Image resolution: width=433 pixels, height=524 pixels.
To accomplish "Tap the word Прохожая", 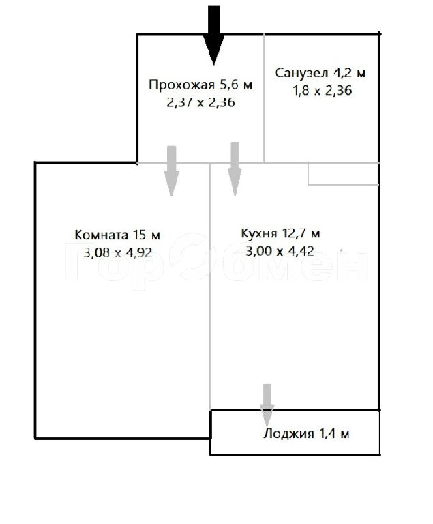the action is tap(181, 85).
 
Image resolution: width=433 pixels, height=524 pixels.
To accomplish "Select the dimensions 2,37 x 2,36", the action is tap(200, 102).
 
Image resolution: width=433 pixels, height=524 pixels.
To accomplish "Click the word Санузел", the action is tap(301, 73).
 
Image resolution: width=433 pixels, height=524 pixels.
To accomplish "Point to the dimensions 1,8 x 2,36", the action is tap(323, 91).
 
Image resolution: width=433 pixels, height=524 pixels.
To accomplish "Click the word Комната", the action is tap(101, 235).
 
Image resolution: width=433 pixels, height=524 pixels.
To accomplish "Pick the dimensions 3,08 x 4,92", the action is tap(118, 252).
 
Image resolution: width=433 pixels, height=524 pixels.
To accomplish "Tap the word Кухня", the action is tap(259, 233).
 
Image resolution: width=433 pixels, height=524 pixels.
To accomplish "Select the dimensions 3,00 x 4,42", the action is tap(280, 251).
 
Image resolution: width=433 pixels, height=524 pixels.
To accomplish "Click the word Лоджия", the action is tap(288, 434).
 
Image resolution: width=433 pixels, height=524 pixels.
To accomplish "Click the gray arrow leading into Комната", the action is tap(171, 171).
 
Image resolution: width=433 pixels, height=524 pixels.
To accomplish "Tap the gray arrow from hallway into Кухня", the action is tap(235, 169).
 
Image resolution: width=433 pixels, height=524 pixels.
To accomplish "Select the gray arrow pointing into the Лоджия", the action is tap(267, 405).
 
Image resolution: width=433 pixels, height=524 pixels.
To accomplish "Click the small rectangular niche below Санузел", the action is tap(344, 174).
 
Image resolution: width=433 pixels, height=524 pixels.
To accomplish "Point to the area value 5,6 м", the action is tap(236, 85).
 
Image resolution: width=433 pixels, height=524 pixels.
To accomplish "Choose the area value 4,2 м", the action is tap(349, 73).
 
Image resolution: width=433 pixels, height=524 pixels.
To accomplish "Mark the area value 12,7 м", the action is tap(301, 233).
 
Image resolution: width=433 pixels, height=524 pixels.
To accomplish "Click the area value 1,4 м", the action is tap(334, 434).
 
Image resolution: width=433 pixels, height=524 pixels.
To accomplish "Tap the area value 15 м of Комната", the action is tap(147, 235).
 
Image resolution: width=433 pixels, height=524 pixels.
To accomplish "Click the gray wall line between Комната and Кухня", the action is tap(209, 287).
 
